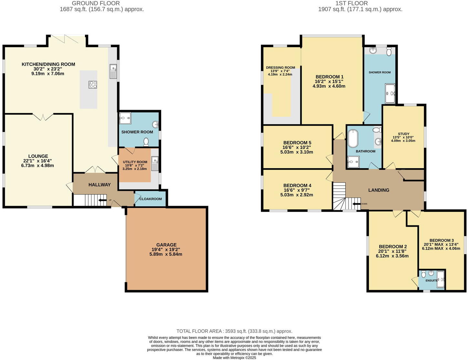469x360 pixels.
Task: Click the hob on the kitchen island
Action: click(x=93, y=85)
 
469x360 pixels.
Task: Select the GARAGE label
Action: click(x=166, y=245)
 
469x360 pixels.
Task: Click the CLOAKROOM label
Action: click(x=151, y=199)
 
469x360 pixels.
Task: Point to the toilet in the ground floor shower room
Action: click(x=146, y=141)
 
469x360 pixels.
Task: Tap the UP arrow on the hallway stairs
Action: click(x=103, y=200)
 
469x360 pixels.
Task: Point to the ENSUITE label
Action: click(x=431, y=281)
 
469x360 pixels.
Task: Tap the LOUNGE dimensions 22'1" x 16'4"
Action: click(x=38, y=161)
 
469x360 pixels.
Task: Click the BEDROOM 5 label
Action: click(x=297, y=143)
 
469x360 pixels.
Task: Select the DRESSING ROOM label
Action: click(x=280, y=68)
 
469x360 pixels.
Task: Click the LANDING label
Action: click(x=379, y=190)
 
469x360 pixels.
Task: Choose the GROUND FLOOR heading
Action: click(x=96, y=3)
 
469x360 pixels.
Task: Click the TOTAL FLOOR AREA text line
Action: click(x=234, y=331)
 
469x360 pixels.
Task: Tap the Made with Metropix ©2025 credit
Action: click(x=234, y=357)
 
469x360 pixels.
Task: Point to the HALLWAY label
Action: click(x=99, y=185)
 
